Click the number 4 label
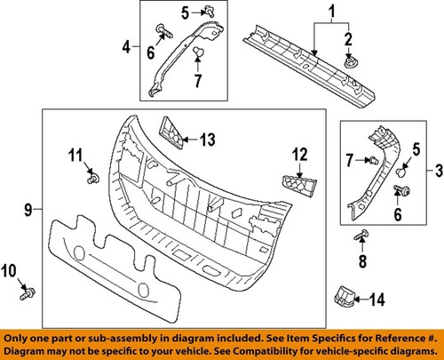[126, 46]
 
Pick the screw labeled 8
[361, 236]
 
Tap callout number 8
[361, 262]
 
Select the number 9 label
[27, 211]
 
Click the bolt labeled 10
[28, 291]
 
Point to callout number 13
[207, 140]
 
